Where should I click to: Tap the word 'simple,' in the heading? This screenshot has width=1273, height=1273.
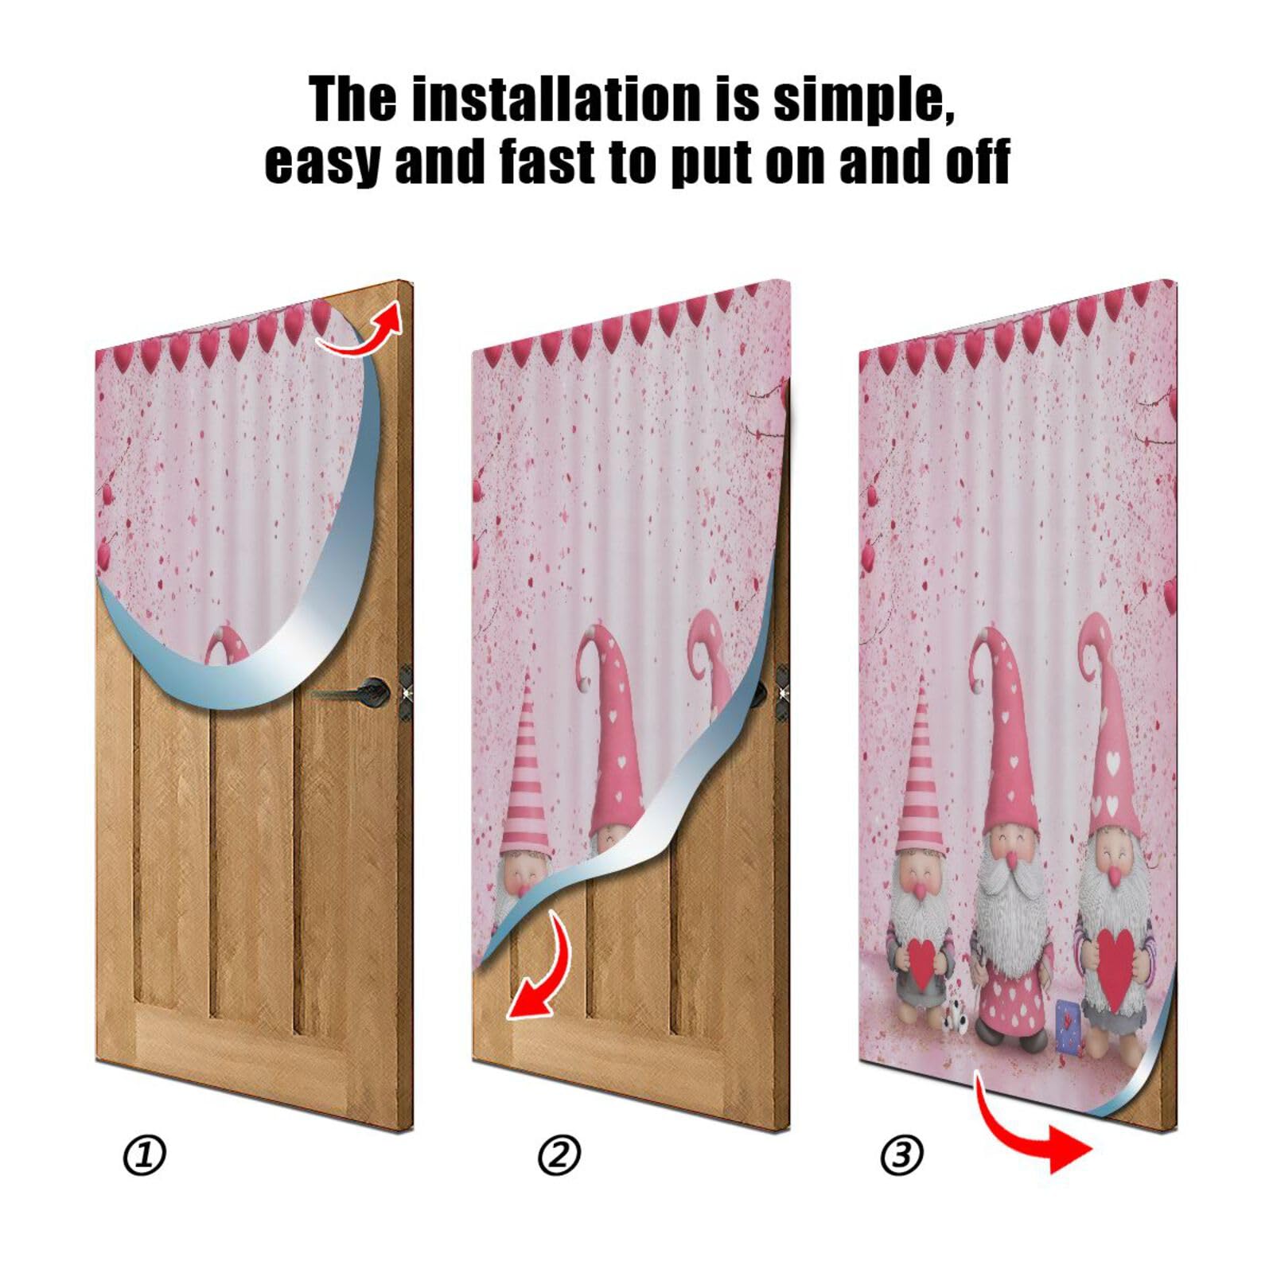click(x=864, y=101)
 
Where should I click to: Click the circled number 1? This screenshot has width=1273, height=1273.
click(x=144, y=1156)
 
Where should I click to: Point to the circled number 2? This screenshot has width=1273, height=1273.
click(x=559, y=1156)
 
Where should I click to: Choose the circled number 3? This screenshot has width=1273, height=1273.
click(x=901, y=1154)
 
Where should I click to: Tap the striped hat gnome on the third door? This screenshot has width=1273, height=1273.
click(x=921, y=875)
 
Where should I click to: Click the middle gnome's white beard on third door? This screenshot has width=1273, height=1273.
click(x=1008, y=923)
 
